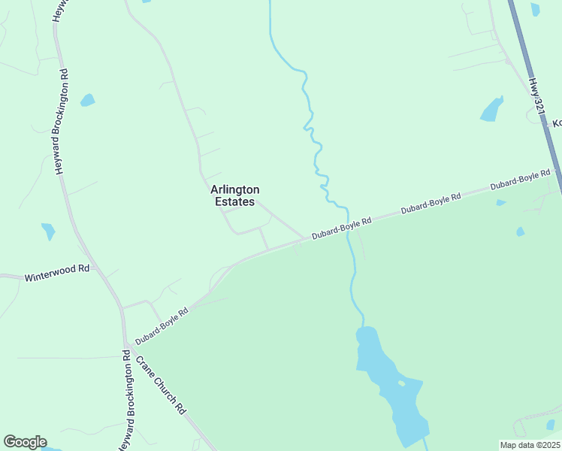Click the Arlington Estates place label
coord(234,195)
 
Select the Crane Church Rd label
coord(159,384)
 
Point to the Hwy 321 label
coord(536,98)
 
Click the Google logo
coord(25,442)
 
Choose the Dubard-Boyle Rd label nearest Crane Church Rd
coord(162,325)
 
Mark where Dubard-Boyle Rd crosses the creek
coord(348,226)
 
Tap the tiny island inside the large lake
coord(401,383)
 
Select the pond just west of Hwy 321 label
coord(491,110)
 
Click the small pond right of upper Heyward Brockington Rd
coord(88,100)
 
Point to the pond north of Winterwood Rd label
coord(49,231)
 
